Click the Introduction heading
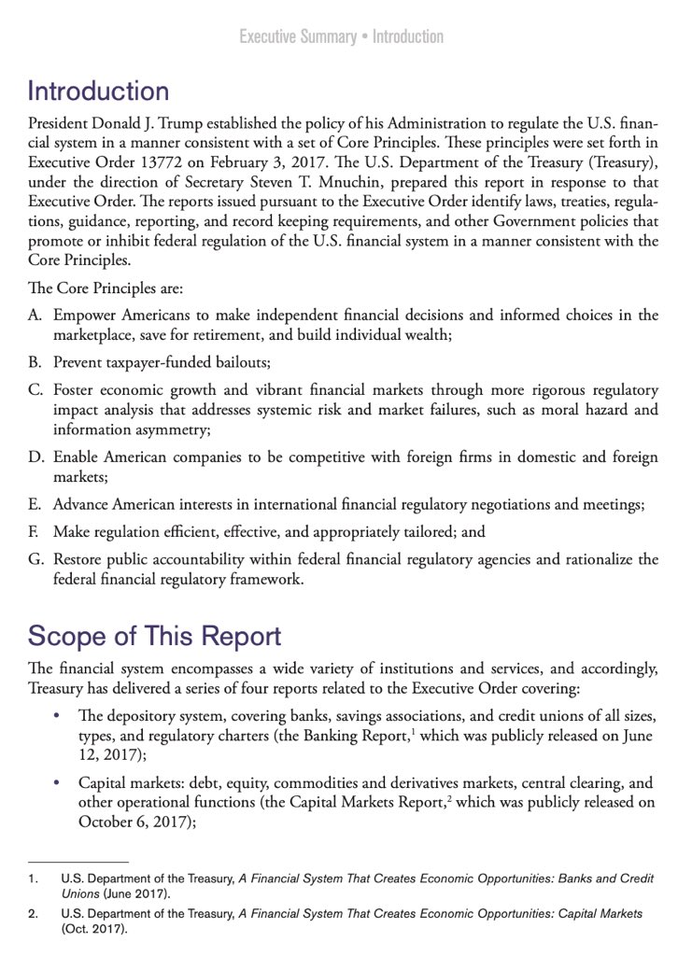point(98,91)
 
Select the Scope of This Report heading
point(154,636)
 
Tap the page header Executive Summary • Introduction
point(341,37)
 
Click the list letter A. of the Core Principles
point(36,316)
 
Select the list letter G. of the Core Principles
point(36,559)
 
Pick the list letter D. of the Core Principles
point(36,457)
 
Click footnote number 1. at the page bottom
point(33,879)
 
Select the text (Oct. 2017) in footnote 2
point(94,931)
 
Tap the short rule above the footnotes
point(78,861)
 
